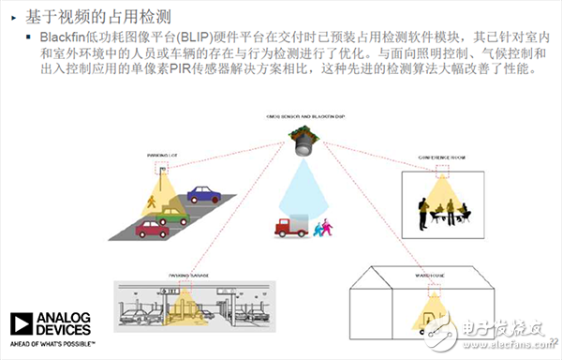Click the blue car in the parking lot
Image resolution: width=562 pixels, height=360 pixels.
(x=204, y=195)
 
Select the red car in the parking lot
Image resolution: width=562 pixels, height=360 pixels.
(x=151, y=228)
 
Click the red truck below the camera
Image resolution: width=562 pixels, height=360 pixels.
(x=289, y=226)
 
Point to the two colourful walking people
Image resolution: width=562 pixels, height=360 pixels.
(x=323, y=227)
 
